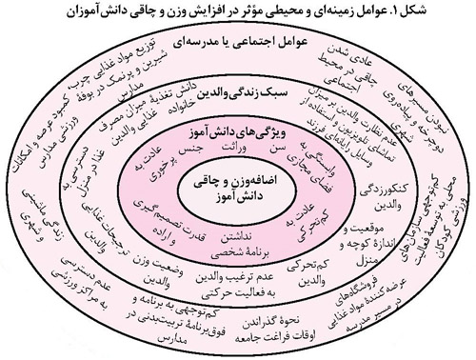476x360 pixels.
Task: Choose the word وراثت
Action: (232, 150)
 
